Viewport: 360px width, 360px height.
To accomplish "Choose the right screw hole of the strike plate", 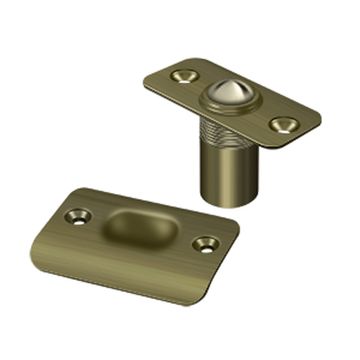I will [x=206, y=243].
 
